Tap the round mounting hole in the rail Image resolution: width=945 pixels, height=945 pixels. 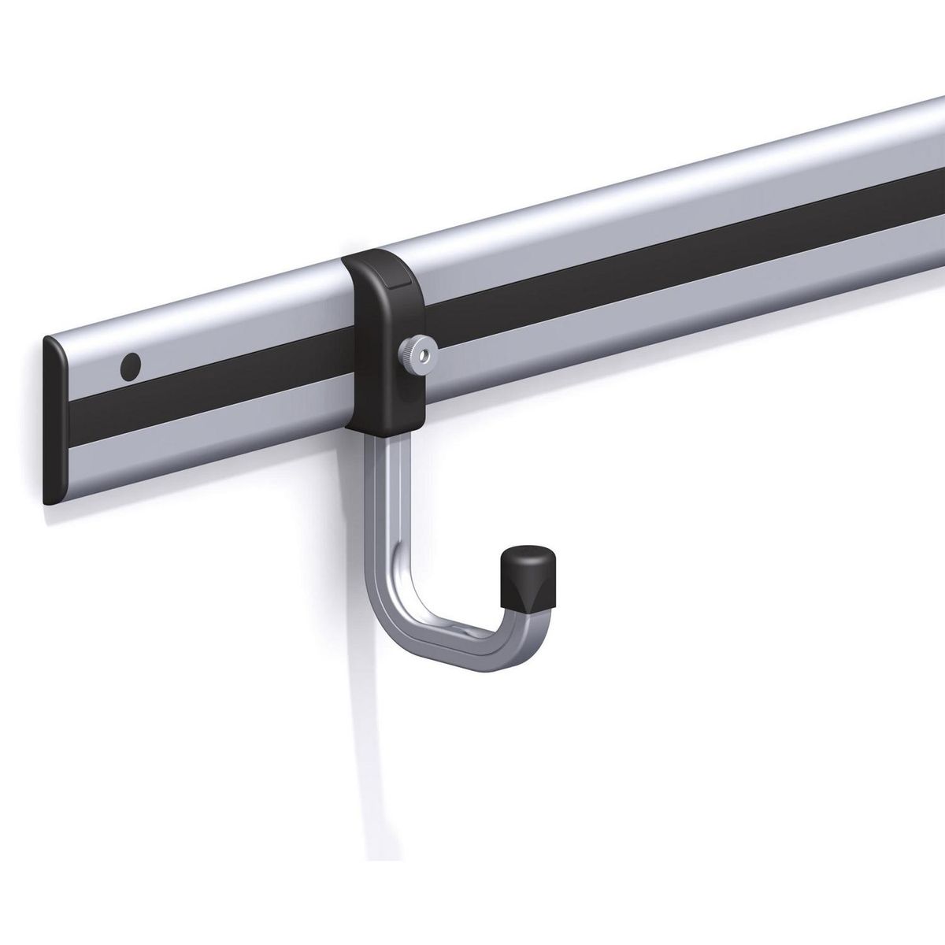pos(131,365)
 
